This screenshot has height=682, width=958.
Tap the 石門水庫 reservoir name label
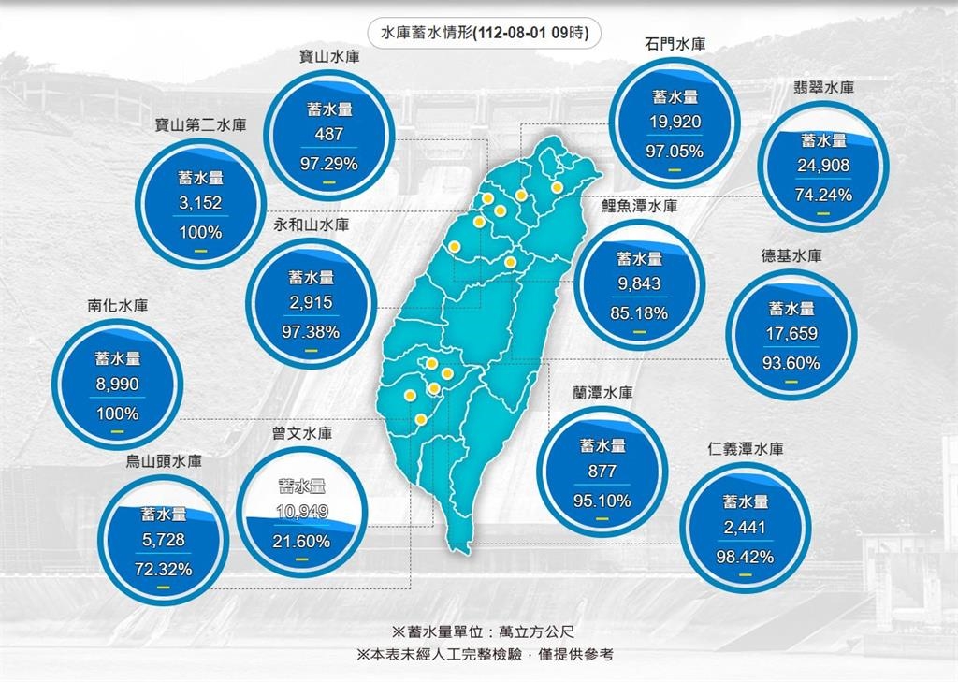pyautogui.click(x=675, y=44)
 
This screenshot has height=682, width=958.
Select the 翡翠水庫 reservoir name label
pyautogui.click(x=822, y=88)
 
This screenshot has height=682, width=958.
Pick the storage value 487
pyautogui.click(x=328, y=135)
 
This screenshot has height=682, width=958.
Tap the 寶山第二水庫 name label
pyautogui.click(x=201, y=124)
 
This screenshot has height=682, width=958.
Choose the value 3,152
pyautogui.click(x=200, y=203)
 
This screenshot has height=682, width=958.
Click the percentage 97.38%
pyautogui.click(x=311, y=331)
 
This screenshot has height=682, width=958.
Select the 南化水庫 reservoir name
pyautogui.click(x=117, y=305)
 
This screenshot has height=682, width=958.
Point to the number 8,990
pyautogui.click(x=117, y=384)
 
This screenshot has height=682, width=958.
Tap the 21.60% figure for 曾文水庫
pyautogui.click(x=301, y=542)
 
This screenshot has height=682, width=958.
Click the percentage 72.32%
pyautogui.click(x=164, y=569)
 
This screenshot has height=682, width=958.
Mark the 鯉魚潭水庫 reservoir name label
pyautogui.click(x=639, y=207)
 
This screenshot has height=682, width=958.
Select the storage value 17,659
pyautogui.click(x=791, y=335)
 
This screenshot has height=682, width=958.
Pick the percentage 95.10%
pyautogui.click(x=602, y=501)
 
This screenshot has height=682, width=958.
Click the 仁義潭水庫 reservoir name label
pyautogui.click(x=746, y=449)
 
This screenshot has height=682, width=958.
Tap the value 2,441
pyautogui.click(x=745, y=528)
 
